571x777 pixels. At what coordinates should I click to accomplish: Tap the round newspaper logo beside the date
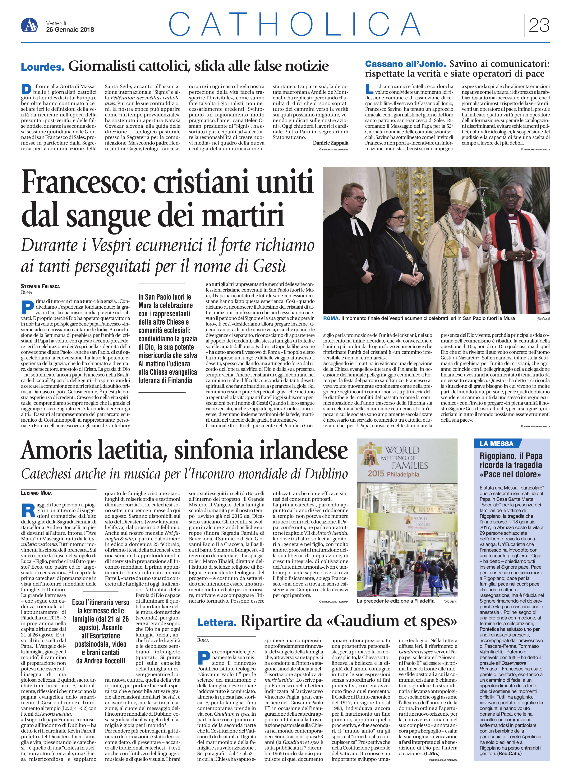(x=29, y=25)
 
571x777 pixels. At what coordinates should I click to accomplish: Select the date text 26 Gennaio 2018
(x=70, y=30)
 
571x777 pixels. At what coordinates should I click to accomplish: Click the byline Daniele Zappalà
(x=330, y=143)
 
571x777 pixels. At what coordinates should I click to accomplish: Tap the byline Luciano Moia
(x=36, y=493)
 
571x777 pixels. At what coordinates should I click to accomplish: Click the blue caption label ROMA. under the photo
(x=331, y=318)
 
